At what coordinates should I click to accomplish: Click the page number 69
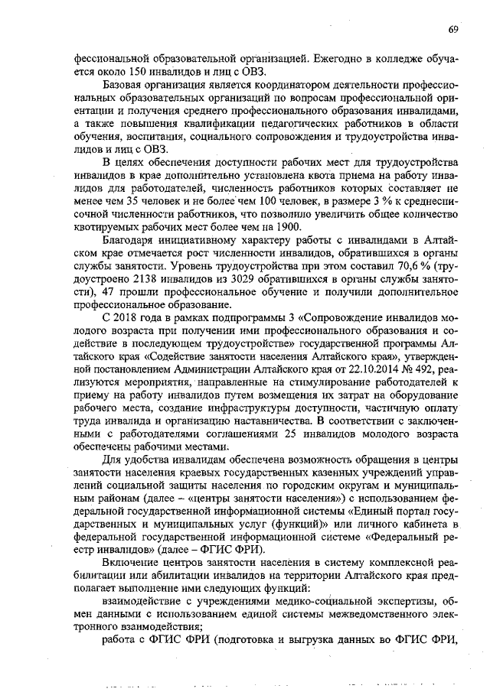pos(453,28)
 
